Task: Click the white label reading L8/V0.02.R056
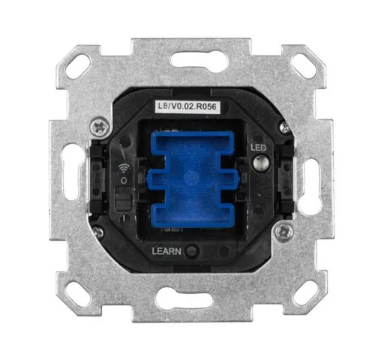187,106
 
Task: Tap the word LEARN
166,251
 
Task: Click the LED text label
259,148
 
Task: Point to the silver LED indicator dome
260,163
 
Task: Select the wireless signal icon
124,168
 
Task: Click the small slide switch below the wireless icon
124,198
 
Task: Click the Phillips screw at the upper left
100,127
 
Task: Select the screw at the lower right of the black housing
283,232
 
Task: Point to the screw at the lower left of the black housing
97,231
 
